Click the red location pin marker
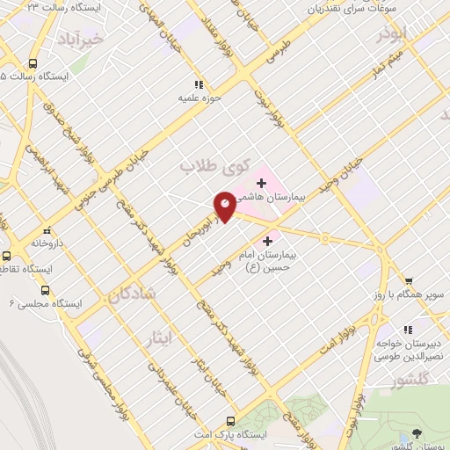pos(225,206)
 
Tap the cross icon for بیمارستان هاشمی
pos(261,183)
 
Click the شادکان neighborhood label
pos(132,295)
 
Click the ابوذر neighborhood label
pos(392,35)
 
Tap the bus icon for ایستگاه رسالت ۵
pos(33,64)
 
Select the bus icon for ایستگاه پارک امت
pos(230,421)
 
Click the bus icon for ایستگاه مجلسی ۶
pos(45,290)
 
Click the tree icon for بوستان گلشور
pos(417,433)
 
